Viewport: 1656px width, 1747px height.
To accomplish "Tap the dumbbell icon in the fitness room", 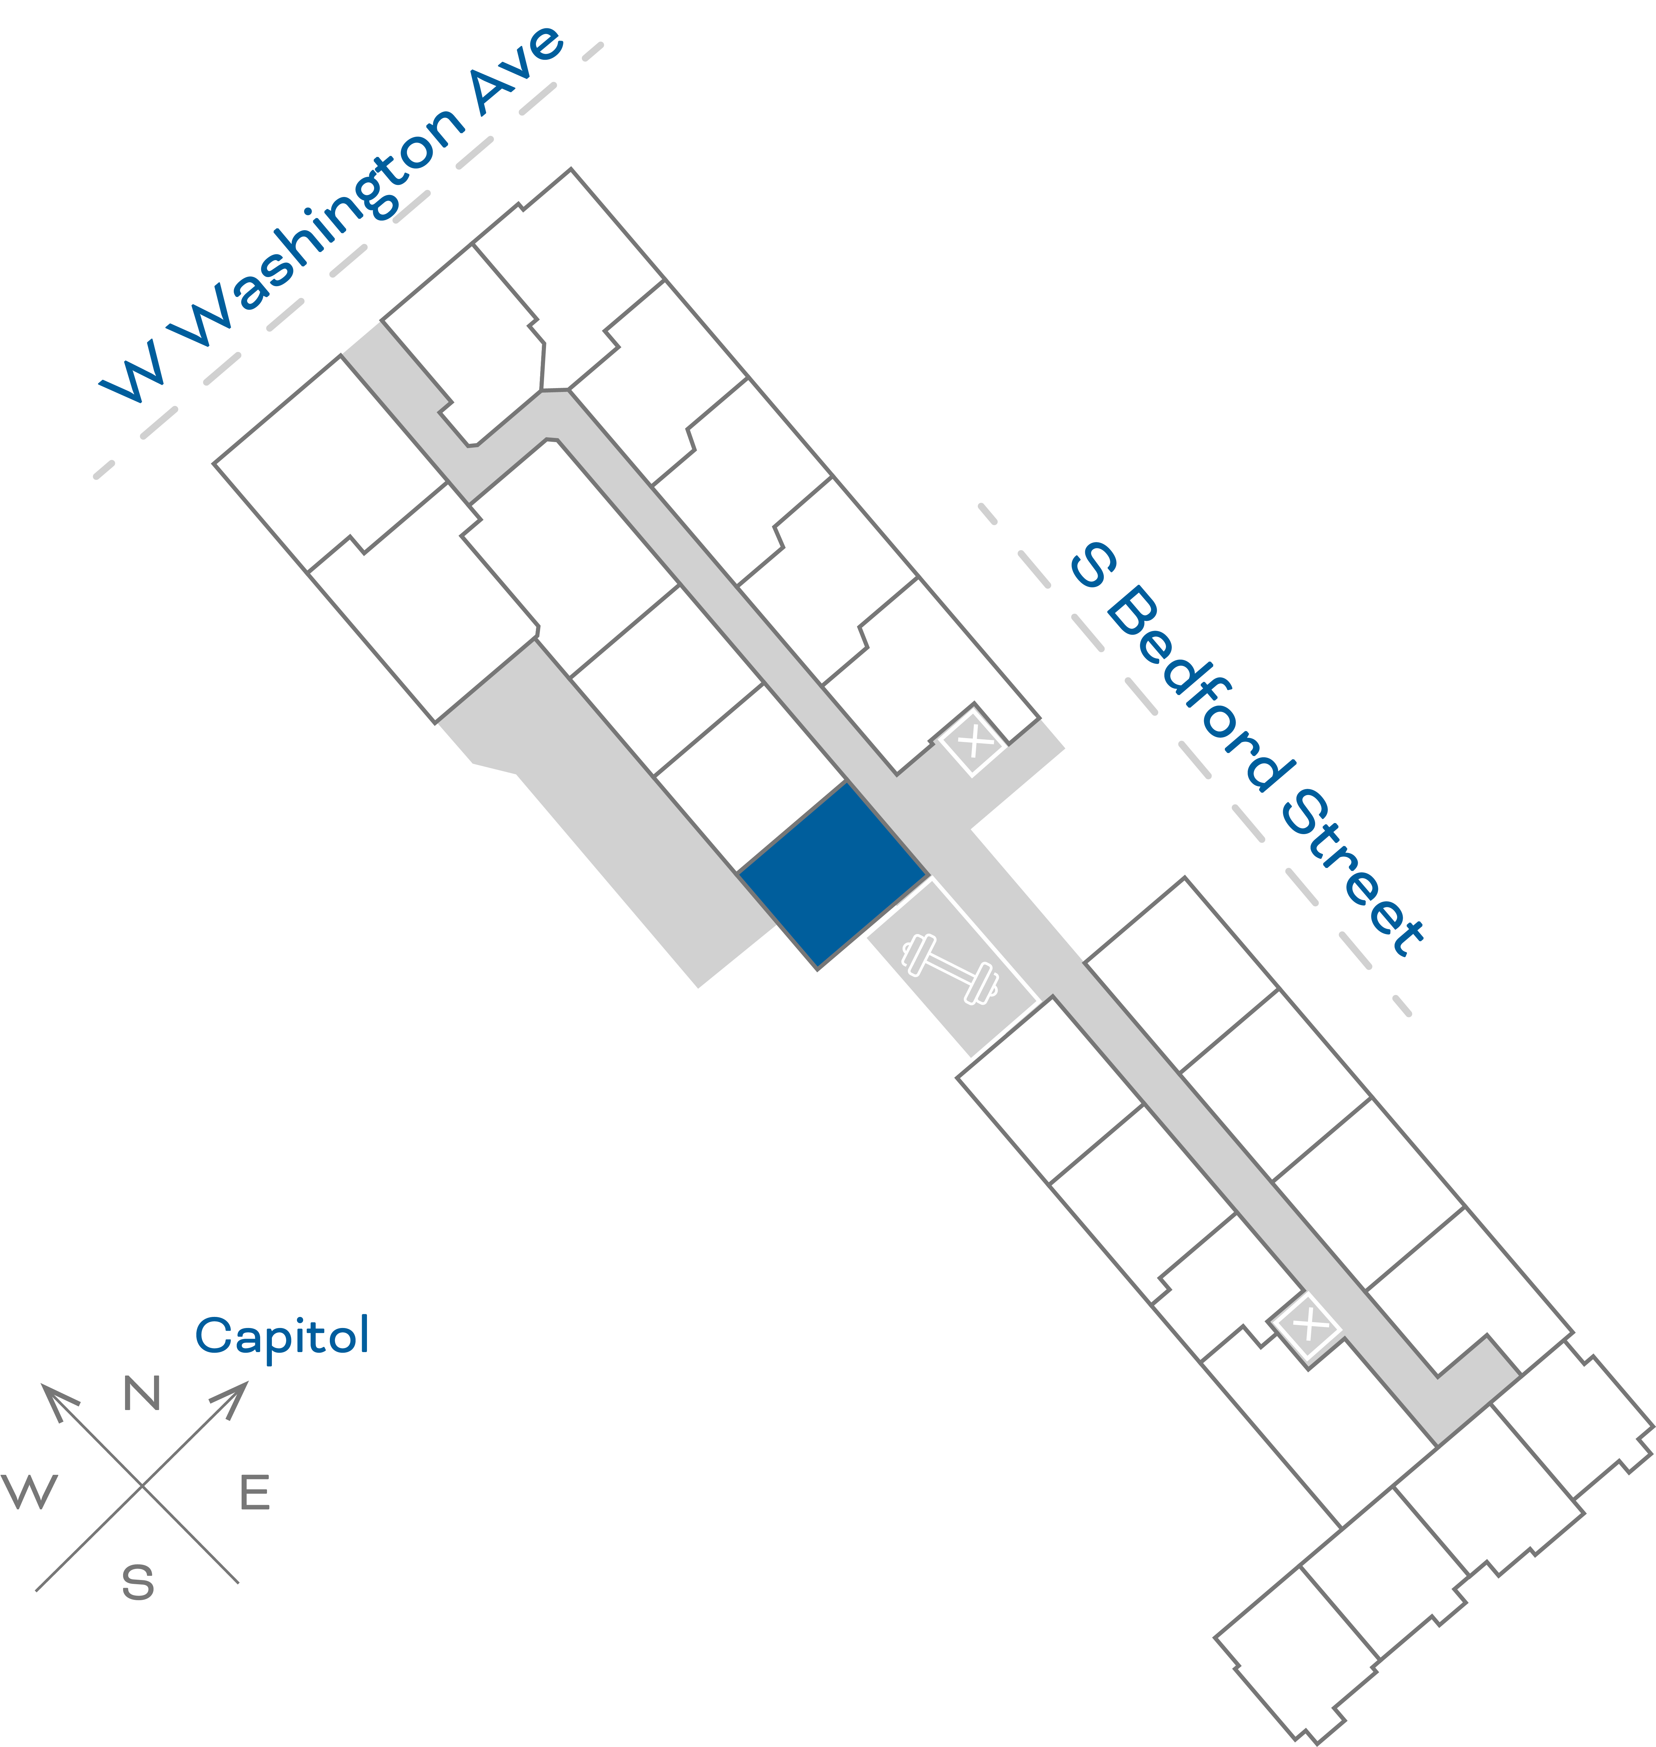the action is pyautogui.click(x=950, y=968).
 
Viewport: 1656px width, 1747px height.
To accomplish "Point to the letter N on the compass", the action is pyautogui.click(x=142, y=1393).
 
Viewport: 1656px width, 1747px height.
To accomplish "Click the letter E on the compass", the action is pyautogui.click(x=255, y=1492).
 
